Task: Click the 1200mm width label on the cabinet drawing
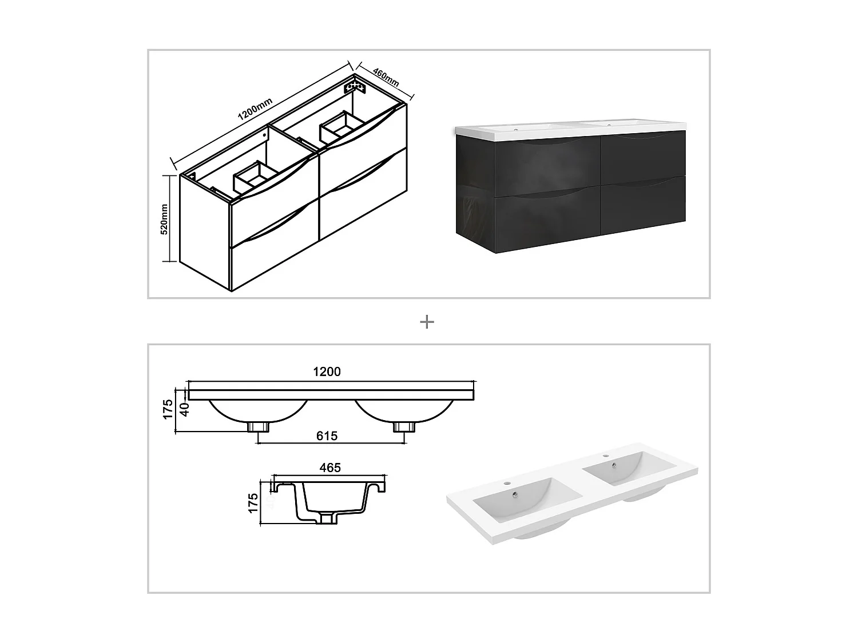[x=255, y=109]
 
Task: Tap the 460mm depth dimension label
[x=386, y=77]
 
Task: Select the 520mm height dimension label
[x=164, y=219]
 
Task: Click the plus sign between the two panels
[x=427, y=322]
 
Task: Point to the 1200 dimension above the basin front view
[x=327, y=372]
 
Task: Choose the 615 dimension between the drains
[x=327, y=436]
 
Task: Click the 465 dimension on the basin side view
[x=330, y=468]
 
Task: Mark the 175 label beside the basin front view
[x=168, y=409]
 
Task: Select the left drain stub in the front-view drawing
[x=258, y=427]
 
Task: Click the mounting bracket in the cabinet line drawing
[x=355, y=87]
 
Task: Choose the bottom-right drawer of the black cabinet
[x=643, y=205]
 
